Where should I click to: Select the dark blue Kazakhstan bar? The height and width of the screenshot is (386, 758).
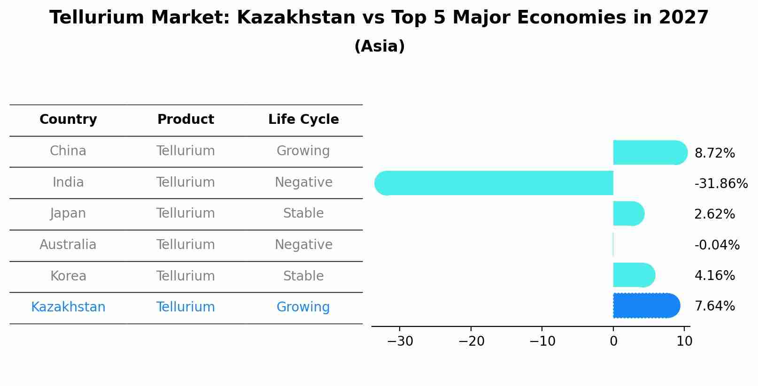(646, 306)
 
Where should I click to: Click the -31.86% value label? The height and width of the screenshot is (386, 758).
(721, 183)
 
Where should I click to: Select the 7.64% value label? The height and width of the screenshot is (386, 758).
(714, 306)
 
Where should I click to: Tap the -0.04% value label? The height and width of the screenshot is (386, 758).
(717, 245)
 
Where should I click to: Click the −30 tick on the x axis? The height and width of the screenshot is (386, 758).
(400, 341)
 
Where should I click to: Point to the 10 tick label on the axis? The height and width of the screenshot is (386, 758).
(684, 341)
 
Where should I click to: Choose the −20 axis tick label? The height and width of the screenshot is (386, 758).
(471, 341)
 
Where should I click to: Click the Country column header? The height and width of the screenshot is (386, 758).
(68, 120)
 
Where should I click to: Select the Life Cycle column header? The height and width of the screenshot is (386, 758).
(303, 120)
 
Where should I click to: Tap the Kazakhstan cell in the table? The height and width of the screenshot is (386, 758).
(68, 307)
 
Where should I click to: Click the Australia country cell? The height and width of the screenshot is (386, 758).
(68, 245)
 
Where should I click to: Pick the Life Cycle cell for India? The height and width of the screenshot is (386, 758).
(303, 182)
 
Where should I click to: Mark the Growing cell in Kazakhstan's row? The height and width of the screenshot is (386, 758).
(303, 307)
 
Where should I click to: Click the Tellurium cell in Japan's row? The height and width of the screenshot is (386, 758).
(186, 213)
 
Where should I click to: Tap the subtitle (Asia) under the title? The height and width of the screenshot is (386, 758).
(379, 46)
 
